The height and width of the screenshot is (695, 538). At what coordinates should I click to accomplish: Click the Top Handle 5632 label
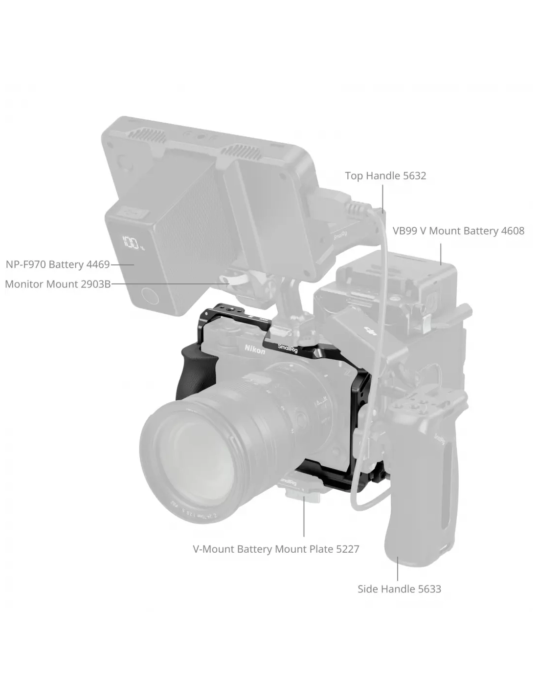point(385,175)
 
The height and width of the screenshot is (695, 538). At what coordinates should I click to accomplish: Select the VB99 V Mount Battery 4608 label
point(458,231)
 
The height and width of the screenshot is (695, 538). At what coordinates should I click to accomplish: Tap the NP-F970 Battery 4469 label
point(58,264)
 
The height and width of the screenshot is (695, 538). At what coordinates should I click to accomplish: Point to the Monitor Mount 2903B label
point(58,284)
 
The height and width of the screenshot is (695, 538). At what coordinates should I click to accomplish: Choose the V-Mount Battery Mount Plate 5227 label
point(276,549)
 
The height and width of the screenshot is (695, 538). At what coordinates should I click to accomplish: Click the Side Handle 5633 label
point(399,589)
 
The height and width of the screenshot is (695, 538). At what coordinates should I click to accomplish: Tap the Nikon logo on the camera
point(255,349)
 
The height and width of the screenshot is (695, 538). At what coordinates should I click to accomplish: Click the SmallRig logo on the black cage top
point(288,348)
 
